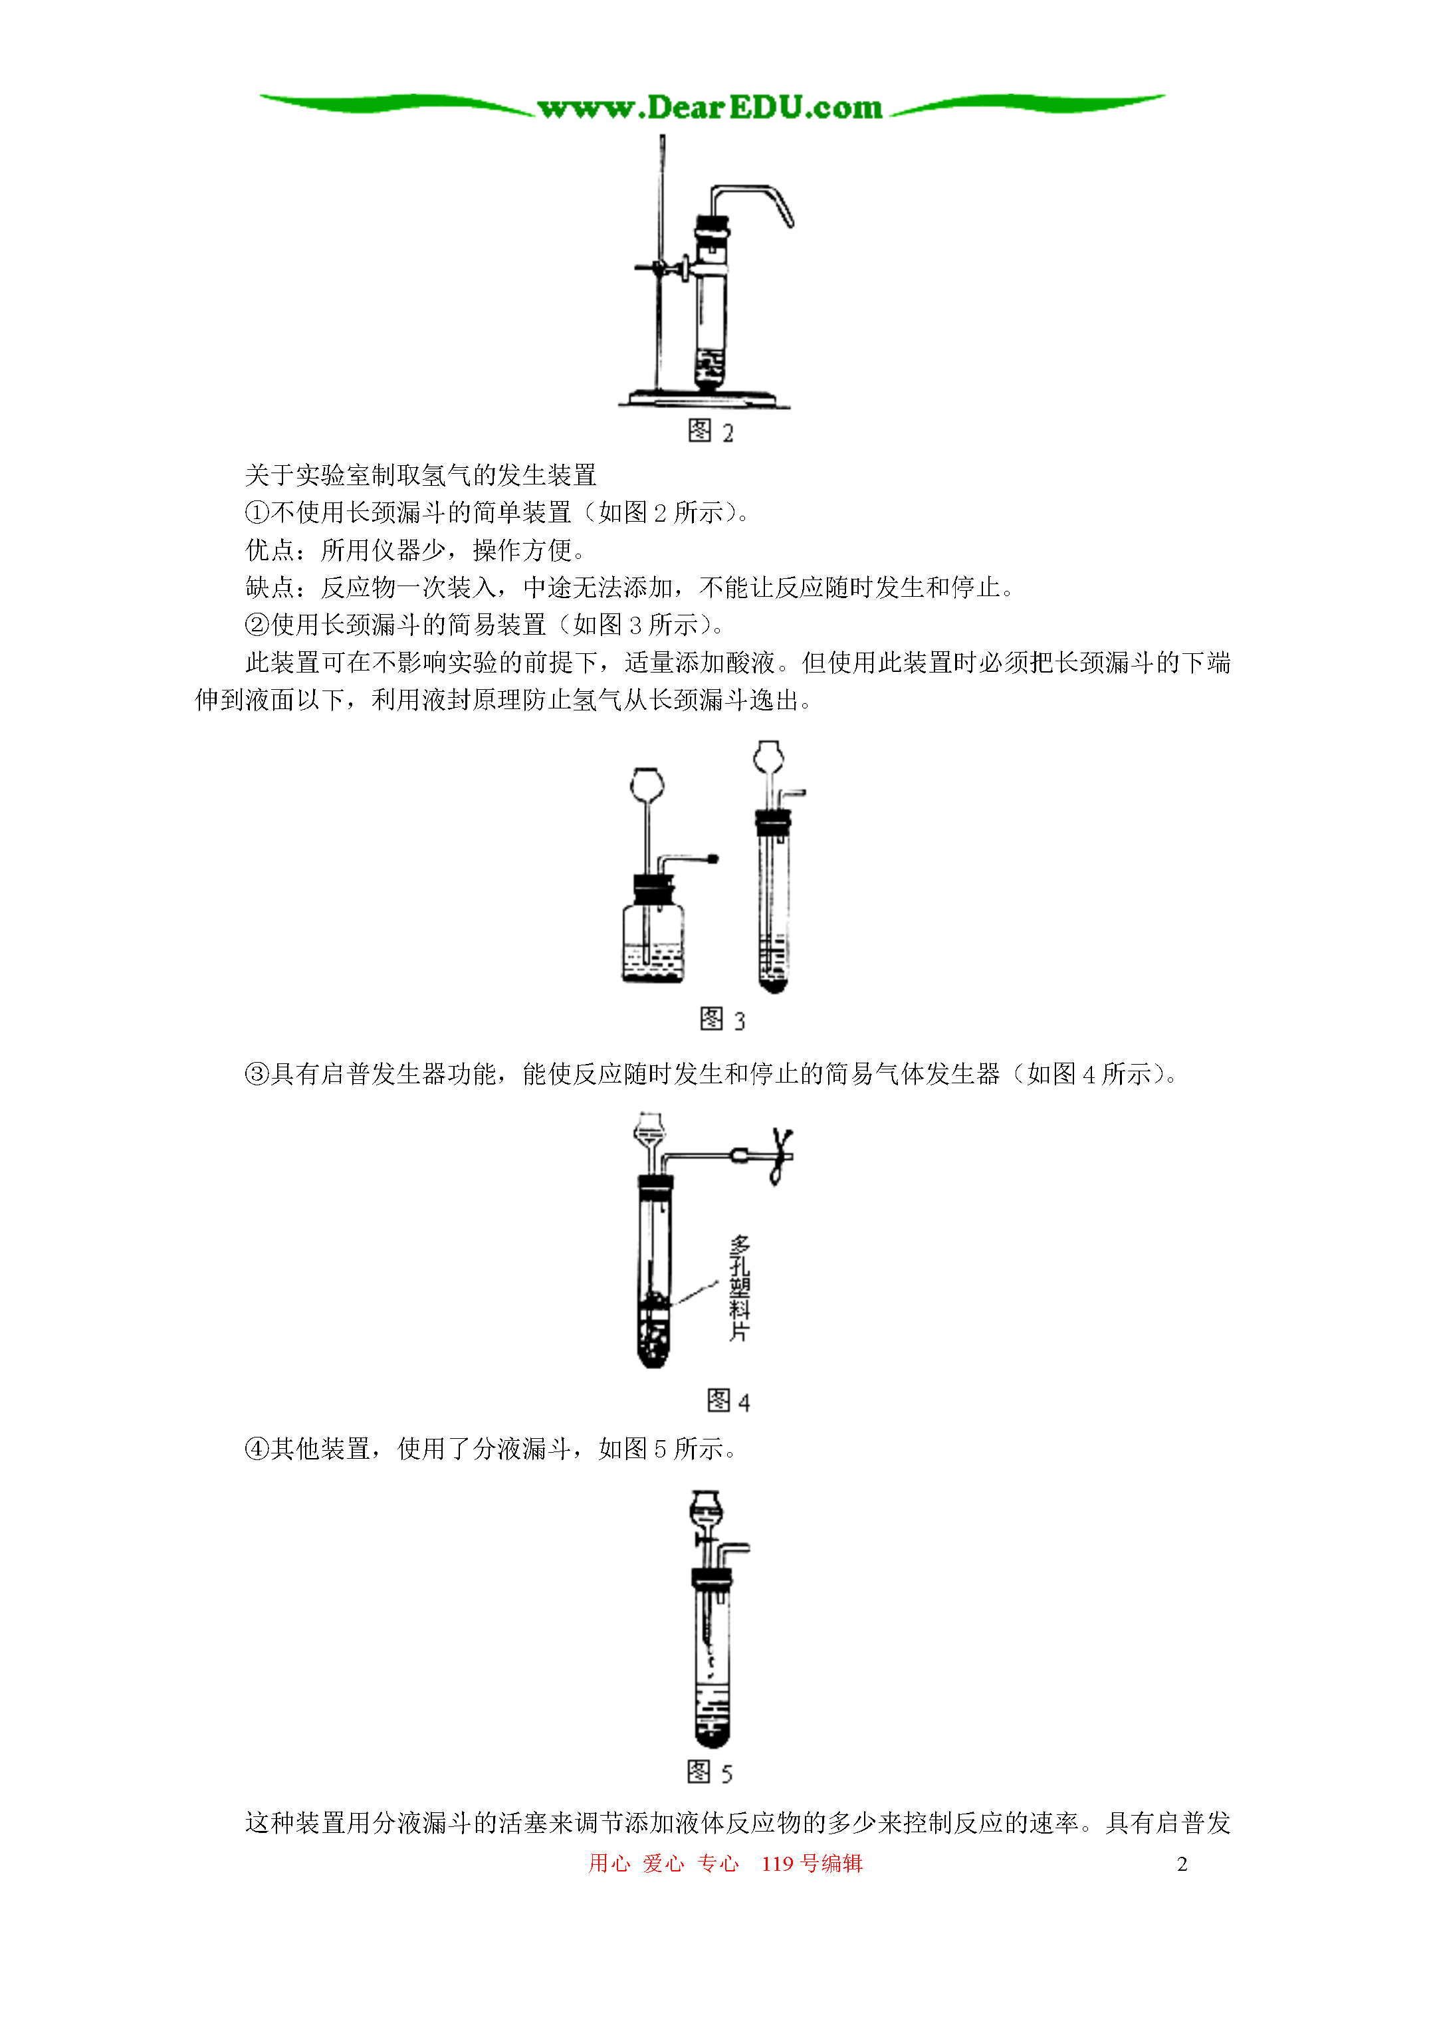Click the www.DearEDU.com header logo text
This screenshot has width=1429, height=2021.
(x=710, y=108)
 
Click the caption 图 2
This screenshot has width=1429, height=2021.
(x=710, y=431)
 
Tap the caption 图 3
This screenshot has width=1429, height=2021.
(x=722, y=1019)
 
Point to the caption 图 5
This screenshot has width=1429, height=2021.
(x=710, y=1772)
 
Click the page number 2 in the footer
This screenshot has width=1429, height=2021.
(x=1182, y=1863)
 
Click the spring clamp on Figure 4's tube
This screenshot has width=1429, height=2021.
(x=780, y=1156)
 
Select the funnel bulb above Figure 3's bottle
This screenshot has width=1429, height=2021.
(x=647, y=784)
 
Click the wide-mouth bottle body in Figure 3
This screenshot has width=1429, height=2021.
(x=653, y=944)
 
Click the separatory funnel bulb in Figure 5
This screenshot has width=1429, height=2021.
(x=706, y=1511)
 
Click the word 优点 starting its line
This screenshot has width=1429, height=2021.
(x=269, y=550)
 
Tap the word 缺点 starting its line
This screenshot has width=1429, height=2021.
(x=269, y=587)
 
